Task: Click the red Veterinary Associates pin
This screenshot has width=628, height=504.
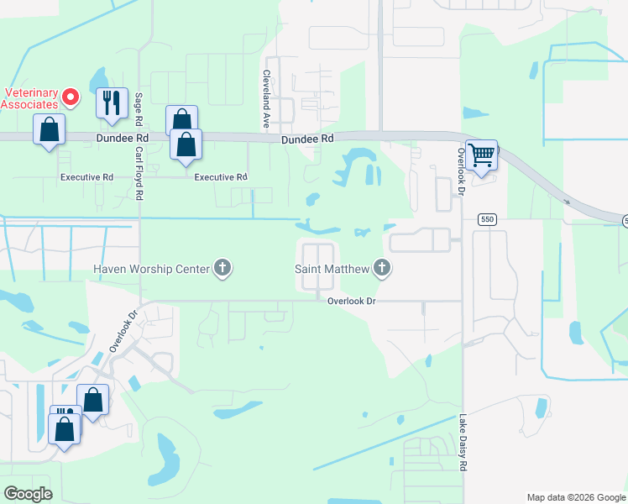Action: point(71,97)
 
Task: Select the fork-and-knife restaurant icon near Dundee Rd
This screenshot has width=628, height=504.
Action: point(112,102)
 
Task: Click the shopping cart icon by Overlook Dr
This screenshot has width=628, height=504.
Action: point(481,155)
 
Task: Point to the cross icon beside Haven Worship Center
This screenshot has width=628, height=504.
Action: point(222,268)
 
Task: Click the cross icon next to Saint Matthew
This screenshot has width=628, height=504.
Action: point(382,268)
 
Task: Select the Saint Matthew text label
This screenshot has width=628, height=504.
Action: point(331,269)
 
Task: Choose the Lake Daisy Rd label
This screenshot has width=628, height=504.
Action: point(463,442)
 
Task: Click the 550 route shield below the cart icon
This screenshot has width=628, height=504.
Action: point(486,219)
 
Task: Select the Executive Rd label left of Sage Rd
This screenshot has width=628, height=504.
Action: point(86,177)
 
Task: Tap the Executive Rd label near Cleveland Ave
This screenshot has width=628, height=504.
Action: point(221,177)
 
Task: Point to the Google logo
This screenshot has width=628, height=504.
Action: point(29,494)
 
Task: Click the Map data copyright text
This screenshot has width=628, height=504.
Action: point(575,497)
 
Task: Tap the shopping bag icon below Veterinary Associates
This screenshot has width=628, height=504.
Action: point(49,130)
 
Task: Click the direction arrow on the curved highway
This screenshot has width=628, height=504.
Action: point(568,201)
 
